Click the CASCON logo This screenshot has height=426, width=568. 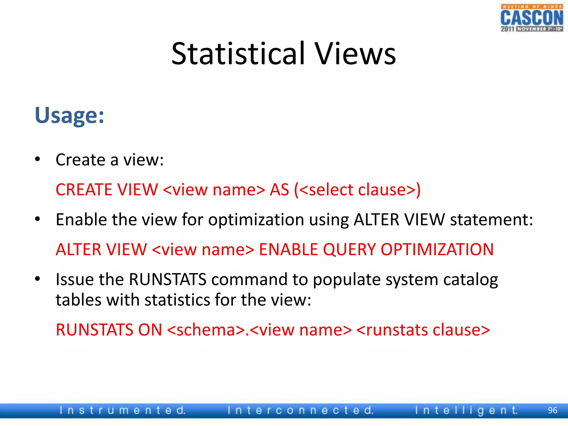[531, 18]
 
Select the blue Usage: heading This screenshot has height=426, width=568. [69, 115]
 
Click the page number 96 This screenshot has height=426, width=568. [552, 410]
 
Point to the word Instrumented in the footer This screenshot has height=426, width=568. [122, 410]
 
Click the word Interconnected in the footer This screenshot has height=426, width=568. [301, 410]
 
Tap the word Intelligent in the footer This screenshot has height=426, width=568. [466, 410]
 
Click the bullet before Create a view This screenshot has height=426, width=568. [37, 159]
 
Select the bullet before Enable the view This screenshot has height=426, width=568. [37, 219]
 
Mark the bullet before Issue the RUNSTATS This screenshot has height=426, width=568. [37, 279]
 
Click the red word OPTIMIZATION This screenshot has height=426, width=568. [437, 249]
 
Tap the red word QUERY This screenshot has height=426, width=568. [349, 249]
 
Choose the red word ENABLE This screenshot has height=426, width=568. [288, 249]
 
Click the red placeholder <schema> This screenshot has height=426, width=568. [206, 330]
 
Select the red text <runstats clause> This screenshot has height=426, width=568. [423, 330]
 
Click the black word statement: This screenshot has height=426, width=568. [491, 220]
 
